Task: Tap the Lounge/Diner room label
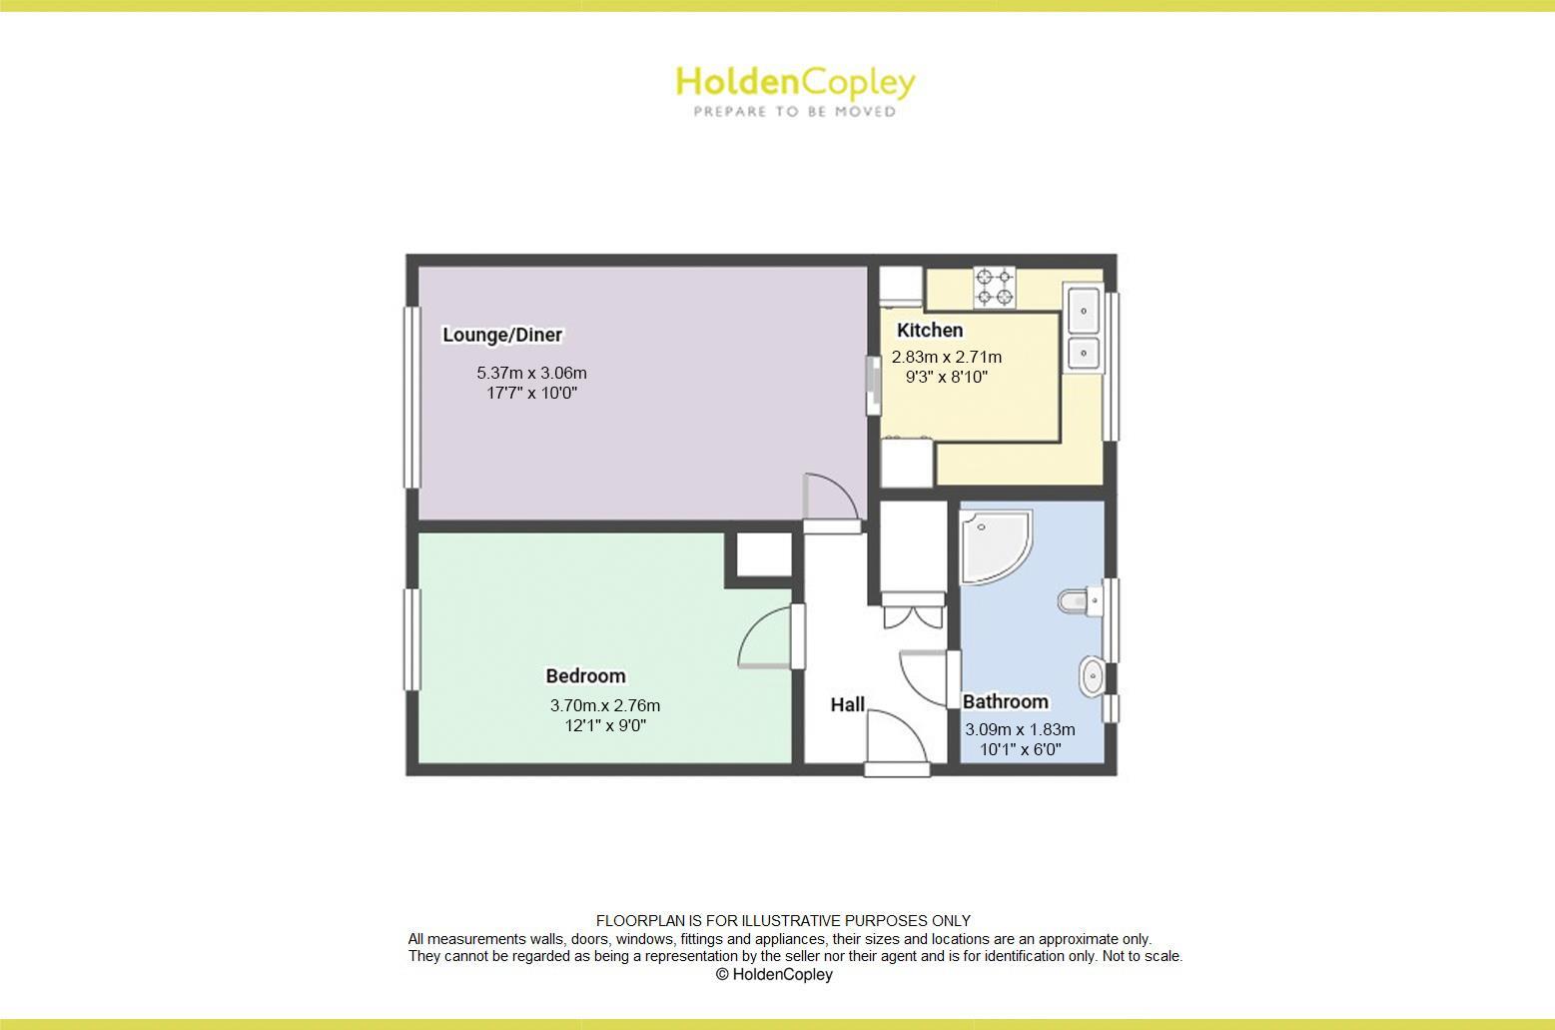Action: pos(502,335)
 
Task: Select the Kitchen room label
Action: pos(930,330)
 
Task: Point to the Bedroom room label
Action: pos(585,676)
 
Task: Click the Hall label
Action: pos(847,704)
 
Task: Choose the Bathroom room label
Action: pos(1005,701)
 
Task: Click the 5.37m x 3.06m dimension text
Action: pos(531,373)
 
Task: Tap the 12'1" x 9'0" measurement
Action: pos(605,725)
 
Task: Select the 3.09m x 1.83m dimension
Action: pos(1020,729)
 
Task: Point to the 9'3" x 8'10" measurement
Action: pos(946,377)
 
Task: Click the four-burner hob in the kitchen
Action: pos(995,287)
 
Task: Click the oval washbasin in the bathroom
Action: pos(1092,676)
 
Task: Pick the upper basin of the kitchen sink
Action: pos(1084,311)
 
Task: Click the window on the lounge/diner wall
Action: pos(409,397)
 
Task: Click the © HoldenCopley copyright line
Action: pos(774,974)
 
